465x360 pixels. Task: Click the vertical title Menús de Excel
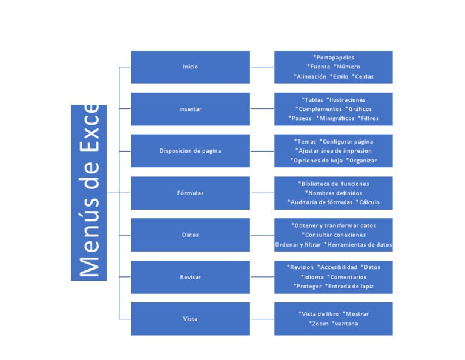88,192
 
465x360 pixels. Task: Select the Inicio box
190,67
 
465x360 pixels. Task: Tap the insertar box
190,109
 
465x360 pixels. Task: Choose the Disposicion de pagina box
190,151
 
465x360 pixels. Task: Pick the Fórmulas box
190,193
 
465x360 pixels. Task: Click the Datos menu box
190,235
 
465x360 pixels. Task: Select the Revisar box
190,277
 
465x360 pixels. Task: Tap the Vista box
190,319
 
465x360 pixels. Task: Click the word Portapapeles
335,58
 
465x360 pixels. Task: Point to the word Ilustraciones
347,99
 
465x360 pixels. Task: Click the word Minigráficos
336,118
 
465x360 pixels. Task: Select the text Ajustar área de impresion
334,151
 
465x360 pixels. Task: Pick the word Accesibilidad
338,267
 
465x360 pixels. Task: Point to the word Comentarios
348,277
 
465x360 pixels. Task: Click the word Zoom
320,324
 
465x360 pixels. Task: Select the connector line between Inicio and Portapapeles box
262,67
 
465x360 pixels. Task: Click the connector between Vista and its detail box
262,319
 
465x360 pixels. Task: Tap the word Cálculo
369,202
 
